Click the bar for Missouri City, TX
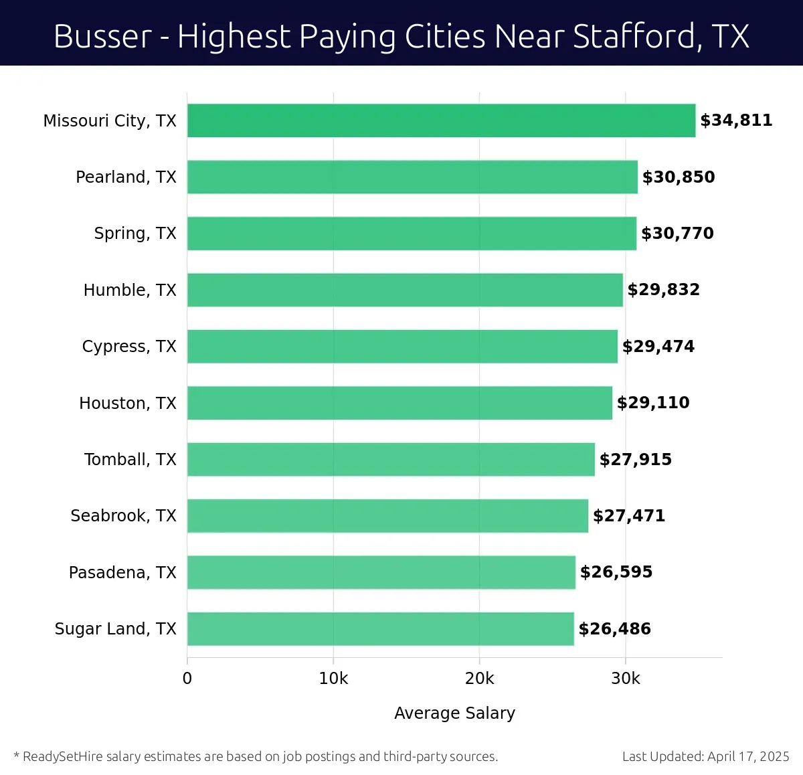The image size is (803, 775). [x=441, y=120]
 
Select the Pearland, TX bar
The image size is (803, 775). [x=412, y=177]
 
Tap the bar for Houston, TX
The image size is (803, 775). [x=399, y=403]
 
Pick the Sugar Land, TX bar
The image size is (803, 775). [x=380, y=628]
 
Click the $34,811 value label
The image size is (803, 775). [x=736, y=120]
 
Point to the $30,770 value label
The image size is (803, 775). [x=677, y=234]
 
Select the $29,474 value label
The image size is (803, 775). [x=658, y=347]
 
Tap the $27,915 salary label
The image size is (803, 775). [x=636, y=460]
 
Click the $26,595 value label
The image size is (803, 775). [x=616, y=572]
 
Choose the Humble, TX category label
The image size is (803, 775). [x=130, y=290]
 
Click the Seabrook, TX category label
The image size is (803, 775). [x=123, y=516]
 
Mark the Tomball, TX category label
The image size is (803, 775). [x=130, y=460]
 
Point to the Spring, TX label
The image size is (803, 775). [x=135, y=234]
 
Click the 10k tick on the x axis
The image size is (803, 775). [x=333, y=679]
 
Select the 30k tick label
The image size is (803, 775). [x=626, y=679]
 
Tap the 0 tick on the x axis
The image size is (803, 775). [x=187, y=679]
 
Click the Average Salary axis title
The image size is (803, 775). [x=454, y=713]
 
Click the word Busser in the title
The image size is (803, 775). [x=102, y=36]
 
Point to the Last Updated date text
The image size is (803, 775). [x=705, y=757]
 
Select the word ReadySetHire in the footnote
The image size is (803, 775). [x=63, y=757]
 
